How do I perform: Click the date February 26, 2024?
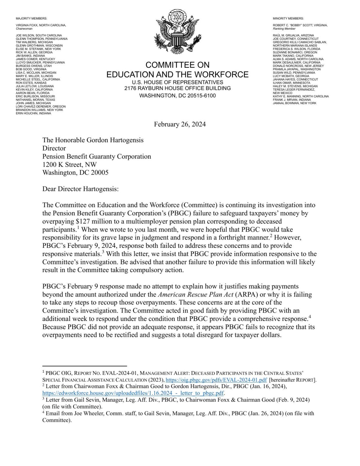(x=180, y=124)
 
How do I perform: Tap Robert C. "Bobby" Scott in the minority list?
(x=300, y=25)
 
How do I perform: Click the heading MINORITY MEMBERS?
(x=288, y=18)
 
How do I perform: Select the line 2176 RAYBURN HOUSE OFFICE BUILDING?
(x=177, y=88)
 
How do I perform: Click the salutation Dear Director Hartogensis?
(x=80, y=189)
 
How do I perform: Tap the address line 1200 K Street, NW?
(x=69, y=164)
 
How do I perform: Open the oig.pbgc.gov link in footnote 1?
(x=216, y=380)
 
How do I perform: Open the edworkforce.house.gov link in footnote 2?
(x=133, y=393)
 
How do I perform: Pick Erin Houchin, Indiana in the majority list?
(x=33, y=114)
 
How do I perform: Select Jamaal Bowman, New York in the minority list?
(x=294, y=103)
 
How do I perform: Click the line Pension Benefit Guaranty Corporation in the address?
(x=96, y=156)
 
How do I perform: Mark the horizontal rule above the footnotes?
(x=85, y=366)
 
